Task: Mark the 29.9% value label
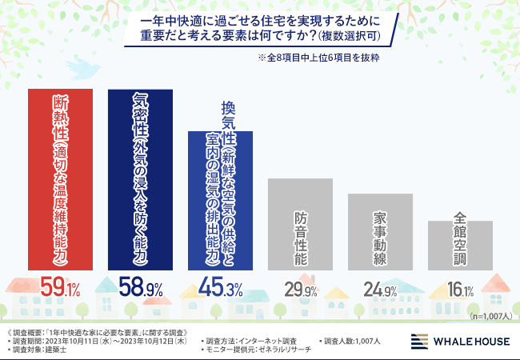pyautogui.click(x=300, y=289)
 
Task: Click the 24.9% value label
pyautogui.click(x=380, y=289)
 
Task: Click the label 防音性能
pyautogui.click(x=300, y=238)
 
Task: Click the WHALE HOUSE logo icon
pyautogui.click(x=419, y=342)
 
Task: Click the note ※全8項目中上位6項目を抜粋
pyautogui.click(x=318, y=58)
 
